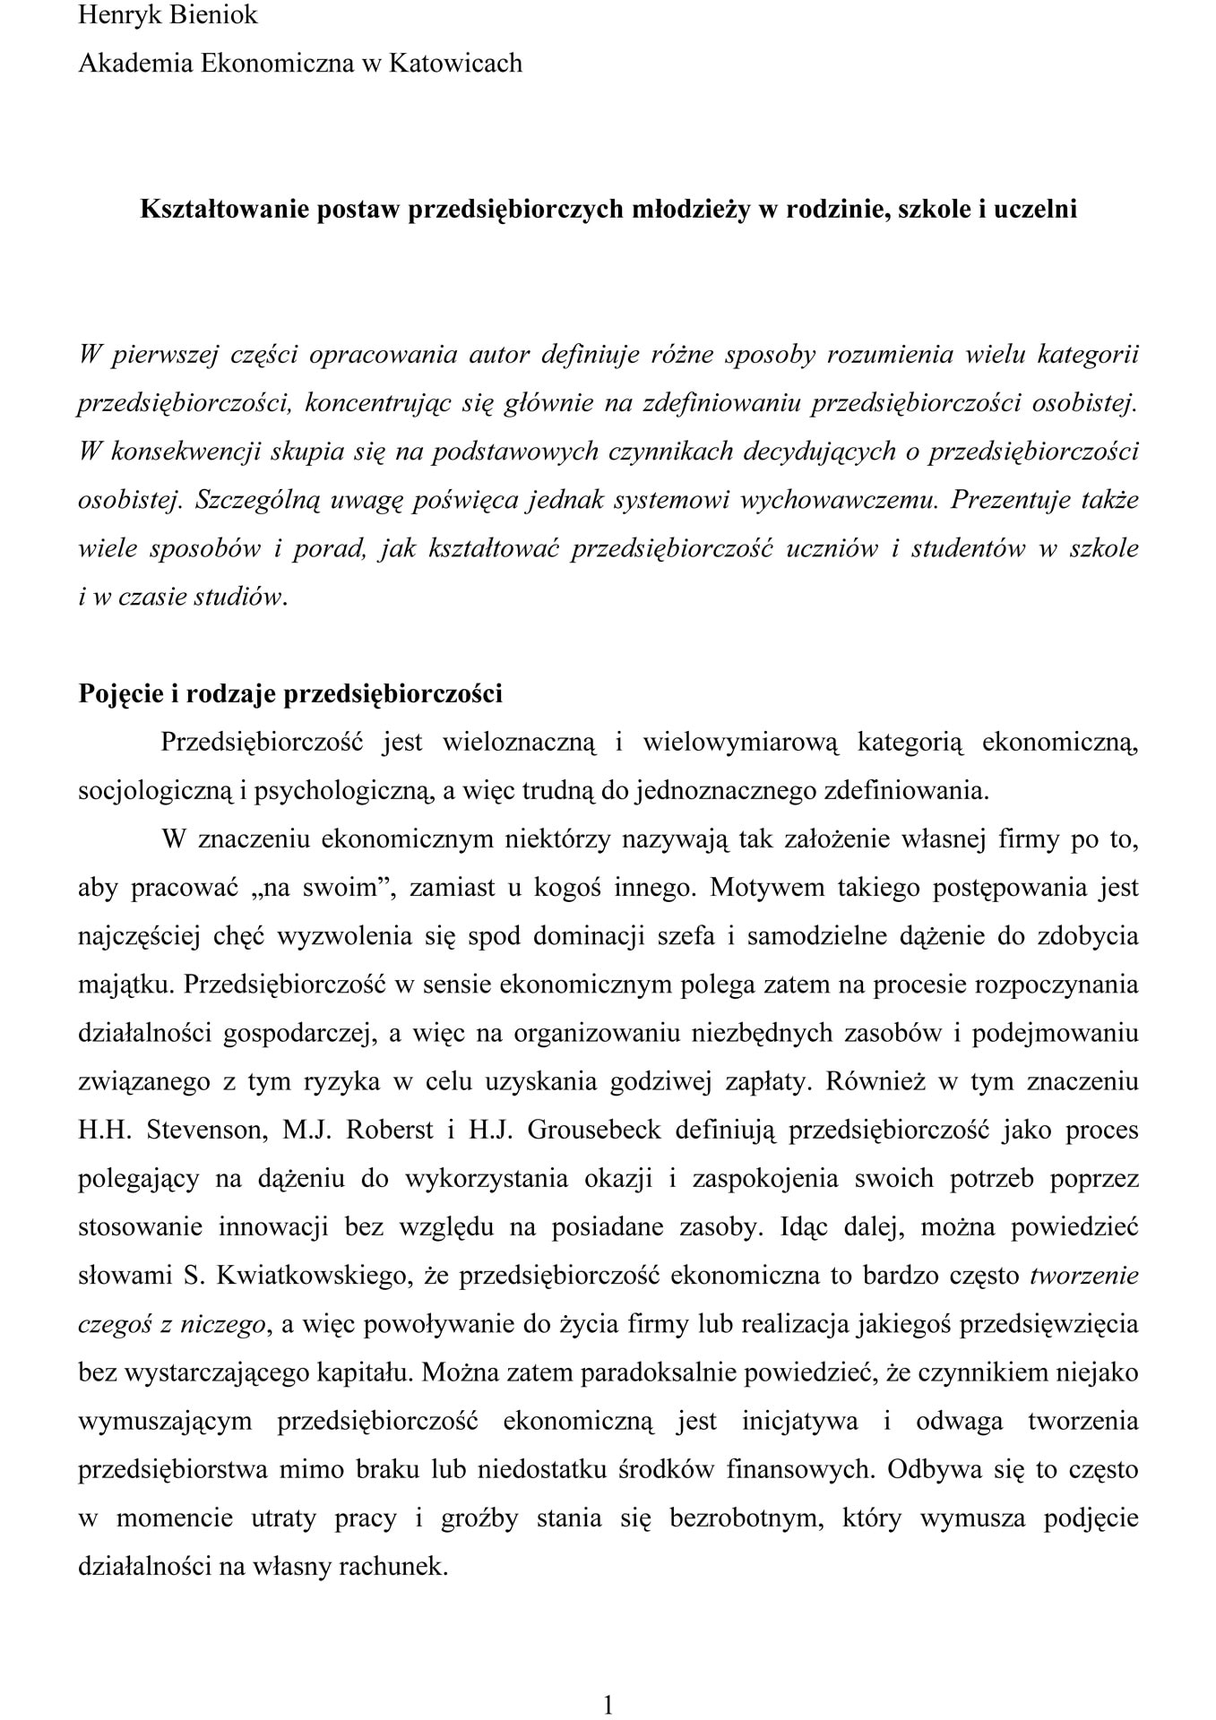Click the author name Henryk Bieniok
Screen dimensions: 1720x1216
[x=168, y=15]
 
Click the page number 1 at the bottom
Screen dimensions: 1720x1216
[x=608, y=1680]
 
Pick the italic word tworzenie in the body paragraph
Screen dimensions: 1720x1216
[x=1084, y=1275]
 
